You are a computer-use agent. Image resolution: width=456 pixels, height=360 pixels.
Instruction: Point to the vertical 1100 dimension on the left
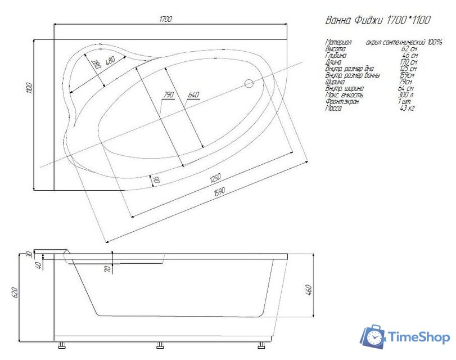point(29,88)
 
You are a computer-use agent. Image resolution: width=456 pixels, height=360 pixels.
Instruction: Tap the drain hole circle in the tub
point(249,84)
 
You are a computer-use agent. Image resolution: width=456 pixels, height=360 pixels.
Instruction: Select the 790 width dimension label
point(168,94)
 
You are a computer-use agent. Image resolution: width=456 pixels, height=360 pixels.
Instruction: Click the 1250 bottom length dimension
point(214,179)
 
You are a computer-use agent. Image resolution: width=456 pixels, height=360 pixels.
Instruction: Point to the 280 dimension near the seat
point(96,65)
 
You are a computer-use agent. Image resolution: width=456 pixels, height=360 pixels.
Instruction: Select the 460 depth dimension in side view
point(309,293)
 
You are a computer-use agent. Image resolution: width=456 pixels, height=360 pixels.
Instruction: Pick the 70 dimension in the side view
point(107,269)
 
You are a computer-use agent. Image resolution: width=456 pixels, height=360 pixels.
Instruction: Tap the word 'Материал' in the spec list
point(338,42)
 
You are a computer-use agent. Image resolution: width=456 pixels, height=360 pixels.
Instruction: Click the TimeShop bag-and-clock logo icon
point(372,337)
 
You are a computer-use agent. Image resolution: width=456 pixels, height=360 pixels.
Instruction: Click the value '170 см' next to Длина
point(408,62)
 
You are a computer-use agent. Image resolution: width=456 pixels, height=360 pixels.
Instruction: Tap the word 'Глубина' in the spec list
point(336,56)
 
